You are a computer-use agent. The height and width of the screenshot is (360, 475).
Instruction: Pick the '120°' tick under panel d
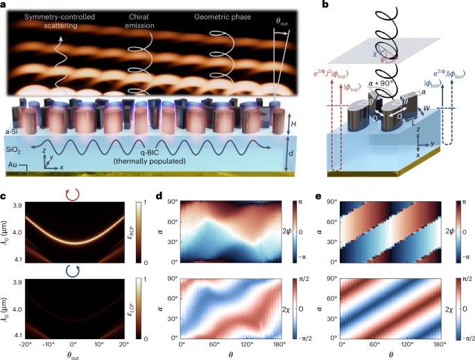[x=254, y=343]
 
